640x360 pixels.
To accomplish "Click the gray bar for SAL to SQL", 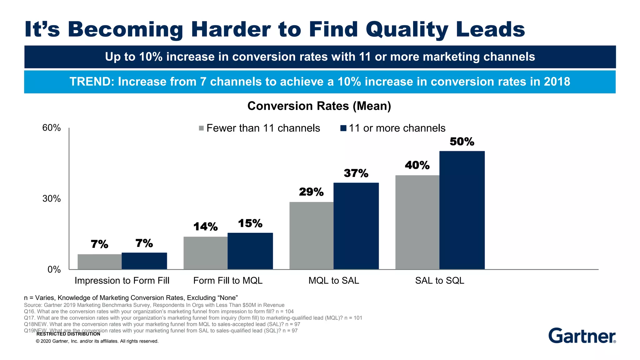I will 417,222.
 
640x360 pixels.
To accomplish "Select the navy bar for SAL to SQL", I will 462,210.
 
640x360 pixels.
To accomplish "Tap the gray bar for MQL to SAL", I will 311,236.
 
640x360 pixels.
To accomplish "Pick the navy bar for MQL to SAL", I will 356,226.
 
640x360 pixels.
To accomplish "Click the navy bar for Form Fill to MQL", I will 250,251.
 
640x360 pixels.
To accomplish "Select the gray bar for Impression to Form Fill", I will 99,262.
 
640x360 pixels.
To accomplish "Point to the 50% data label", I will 462,142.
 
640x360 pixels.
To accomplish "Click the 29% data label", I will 311,192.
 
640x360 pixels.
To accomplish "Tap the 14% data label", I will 205,227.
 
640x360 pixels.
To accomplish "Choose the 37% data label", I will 356,173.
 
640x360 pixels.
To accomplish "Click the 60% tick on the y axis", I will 52,128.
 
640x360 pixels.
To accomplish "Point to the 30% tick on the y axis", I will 52,199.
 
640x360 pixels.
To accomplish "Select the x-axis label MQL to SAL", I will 334,281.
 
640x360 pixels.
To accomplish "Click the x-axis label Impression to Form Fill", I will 122,281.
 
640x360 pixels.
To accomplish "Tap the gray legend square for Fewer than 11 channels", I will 201,128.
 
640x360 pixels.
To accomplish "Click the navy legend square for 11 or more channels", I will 343,128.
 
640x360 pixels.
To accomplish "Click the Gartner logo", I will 582,336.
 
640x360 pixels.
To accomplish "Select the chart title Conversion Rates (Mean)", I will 319,106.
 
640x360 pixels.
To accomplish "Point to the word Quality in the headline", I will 407,30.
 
